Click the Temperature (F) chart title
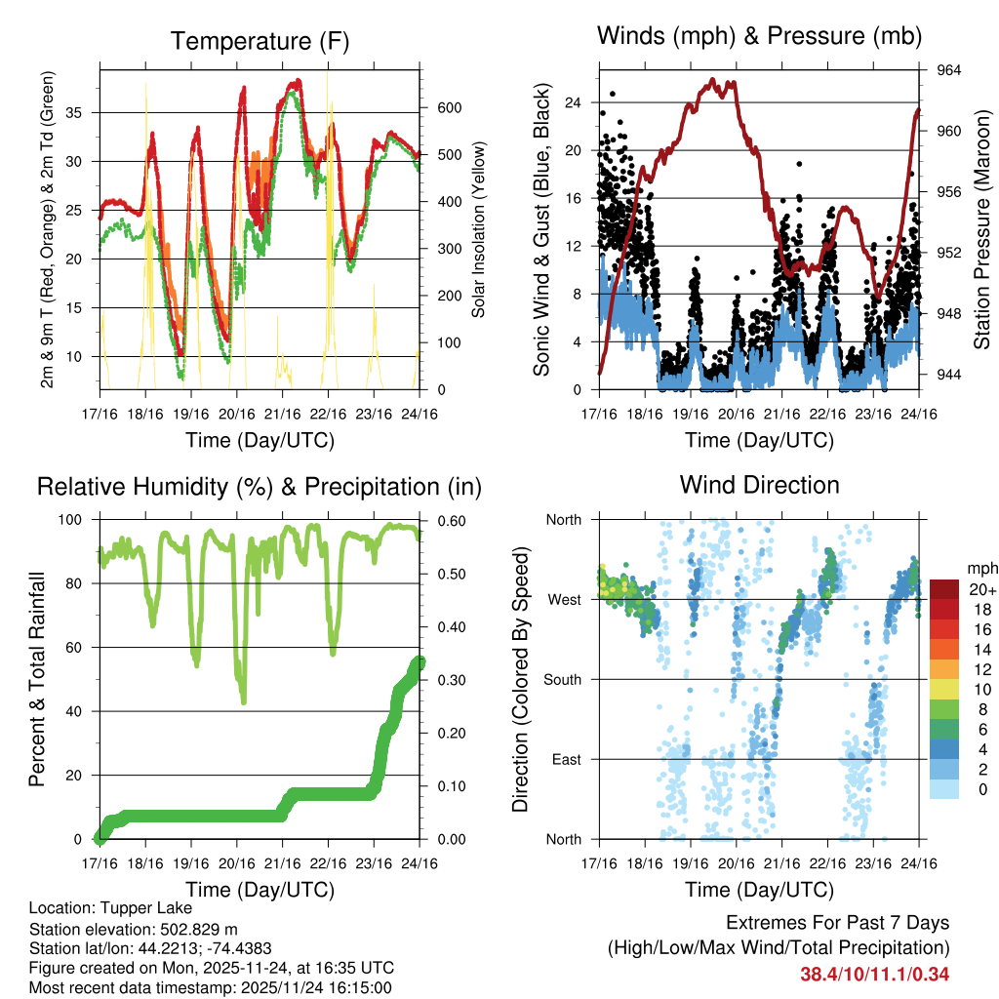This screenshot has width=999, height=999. click(260, 41)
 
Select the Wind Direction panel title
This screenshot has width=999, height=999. click(759, 485)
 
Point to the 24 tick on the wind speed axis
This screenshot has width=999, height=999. click(573, 102)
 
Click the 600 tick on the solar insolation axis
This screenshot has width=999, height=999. click(447, 107)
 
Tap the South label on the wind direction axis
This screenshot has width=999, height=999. click(563, 679)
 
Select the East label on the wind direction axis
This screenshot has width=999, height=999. click(567, 759)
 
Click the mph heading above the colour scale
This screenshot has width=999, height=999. click(979, 568)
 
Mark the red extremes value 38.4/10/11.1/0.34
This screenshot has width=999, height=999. click(875, 974)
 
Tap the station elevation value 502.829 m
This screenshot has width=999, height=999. click(199, 928)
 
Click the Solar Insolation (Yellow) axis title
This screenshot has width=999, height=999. click(479, 229)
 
